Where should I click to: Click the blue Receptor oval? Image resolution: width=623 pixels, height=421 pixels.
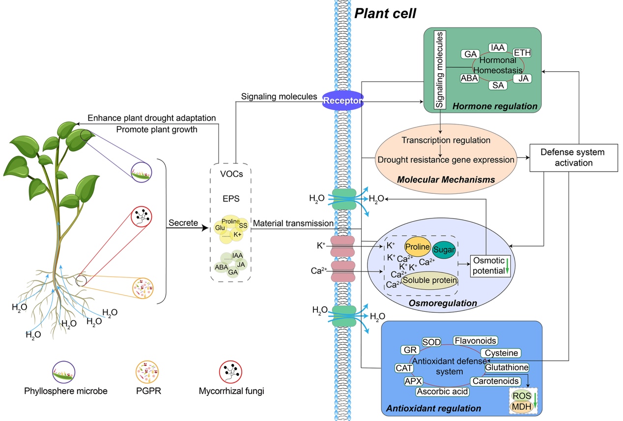(x=342, y=100)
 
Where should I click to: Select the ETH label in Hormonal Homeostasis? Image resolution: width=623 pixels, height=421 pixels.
(x=522, y=53)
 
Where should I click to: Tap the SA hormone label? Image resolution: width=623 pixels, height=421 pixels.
(x=498, y=85)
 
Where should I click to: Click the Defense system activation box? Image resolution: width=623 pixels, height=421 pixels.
(x=573, y=157)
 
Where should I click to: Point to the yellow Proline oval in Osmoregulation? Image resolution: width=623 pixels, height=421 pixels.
(x=418, y=246)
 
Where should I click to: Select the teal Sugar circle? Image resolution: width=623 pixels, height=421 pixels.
(x=444, y=250)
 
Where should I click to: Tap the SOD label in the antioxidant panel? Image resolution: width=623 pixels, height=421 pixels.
(x=431, y=342)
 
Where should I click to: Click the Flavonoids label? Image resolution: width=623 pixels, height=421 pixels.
(x=475, y=340)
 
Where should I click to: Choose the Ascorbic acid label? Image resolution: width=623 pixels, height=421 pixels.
(x=442, y=391)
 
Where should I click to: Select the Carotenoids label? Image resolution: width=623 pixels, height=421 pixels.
(x=495, y=381)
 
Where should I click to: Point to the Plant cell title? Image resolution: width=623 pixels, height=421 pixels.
(x=385, y=13)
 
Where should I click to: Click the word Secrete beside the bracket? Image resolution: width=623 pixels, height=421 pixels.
(x=183, y=223)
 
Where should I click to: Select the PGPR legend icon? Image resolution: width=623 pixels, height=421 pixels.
(x=144, y=371)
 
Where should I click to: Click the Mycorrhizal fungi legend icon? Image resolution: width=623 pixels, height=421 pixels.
(x=231, y=371)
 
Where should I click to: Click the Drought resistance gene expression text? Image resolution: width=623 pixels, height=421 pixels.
(x=446, y=159)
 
